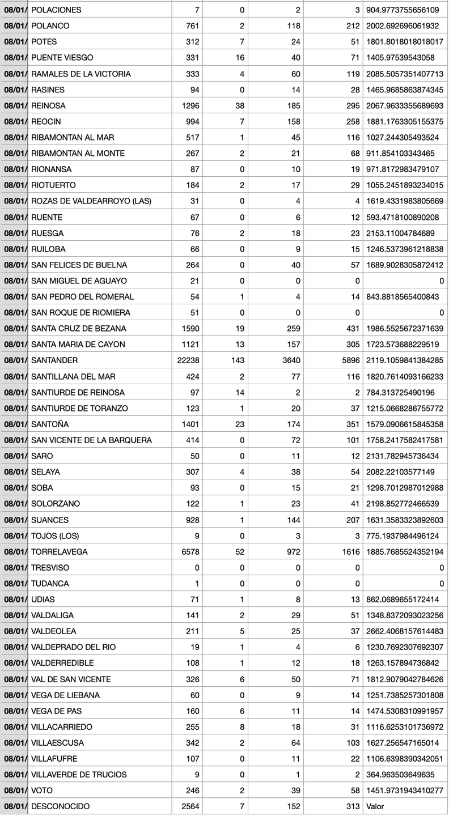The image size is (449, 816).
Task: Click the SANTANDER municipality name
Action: pyautogui.click(x=54, y=360)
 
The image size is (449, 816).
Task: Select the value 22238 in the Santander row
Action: pyautogui.click(x=188, y=360)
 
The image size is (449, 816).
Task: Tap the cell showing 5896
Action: pyautogui.click(x=348, y=360)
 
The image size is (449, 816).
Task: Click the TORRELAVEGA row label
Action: pyautogui.click(x=60, y=551)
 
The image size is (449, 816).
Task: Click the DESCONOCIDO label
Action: pyautogui.click(x=61, y=806)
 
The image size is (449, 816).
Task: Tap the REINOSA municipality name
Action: pyautogui.click(x=48, y=106)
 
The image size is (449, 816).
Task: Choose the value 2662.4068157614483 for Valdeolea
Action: pyautogui.click(x=405, y=631)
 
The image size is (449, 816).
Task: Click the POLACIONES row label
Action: pyautogui.click(x=56, y=10)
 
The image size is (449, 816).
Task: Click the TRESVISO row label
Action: pyautogui.click(x=50, y=567)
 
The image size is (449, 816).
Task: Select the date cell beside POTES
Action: pyautogui.click(x=14, y=42)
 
